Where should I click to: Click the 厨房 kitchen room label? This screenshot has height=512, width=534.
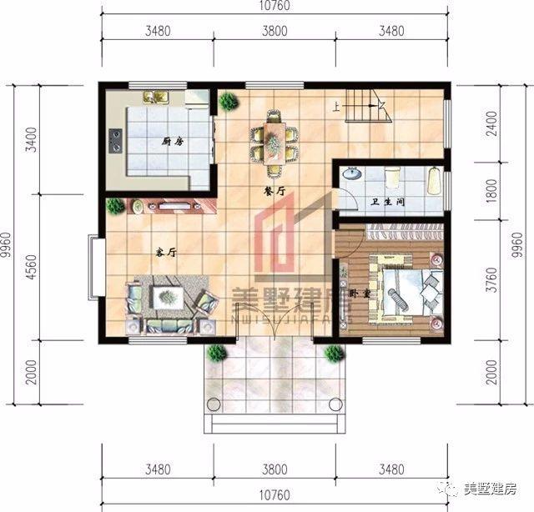coord(173,143)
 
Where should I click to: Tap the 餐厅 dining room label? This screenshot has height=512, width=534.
coord(274,191)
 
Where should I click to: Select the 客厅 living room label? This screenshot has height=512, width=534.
coord(165,251)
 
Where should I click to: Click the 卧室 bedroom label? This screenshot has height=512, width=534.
coord(360,294)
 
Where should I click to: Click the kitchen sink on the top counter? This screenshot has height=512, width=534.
coord(155,97)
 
